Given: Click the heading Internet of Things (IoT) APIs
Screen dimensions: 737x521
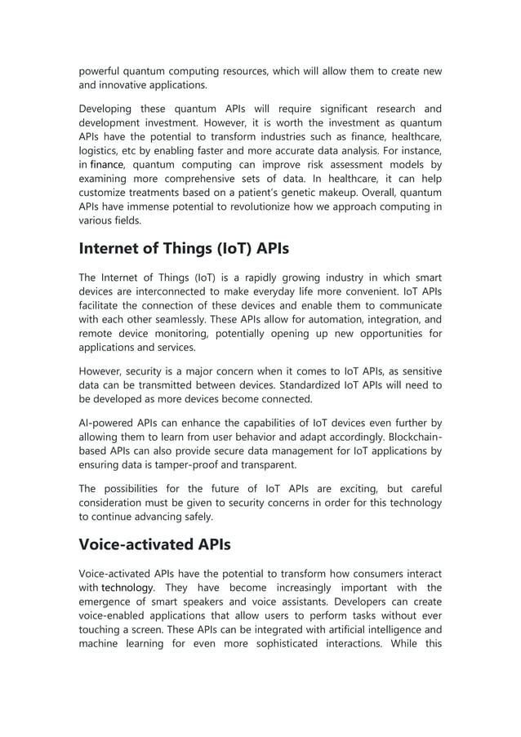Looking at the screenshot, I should point(184,247).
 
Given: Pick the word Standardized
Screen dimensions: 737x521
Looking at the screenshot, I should point(300,385).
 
